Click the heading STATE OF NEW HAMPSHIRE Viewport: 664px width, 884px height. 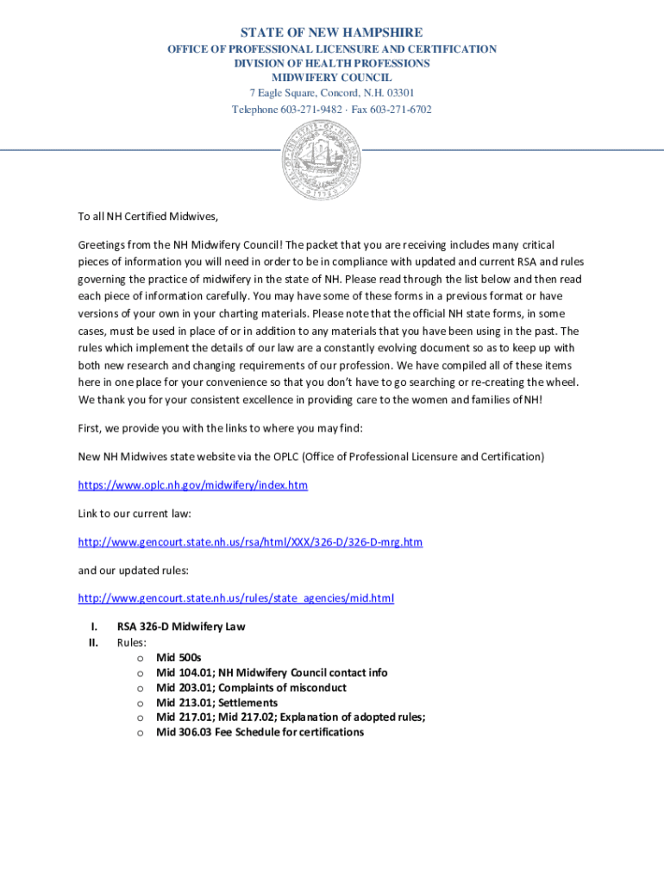(x=331, y=33)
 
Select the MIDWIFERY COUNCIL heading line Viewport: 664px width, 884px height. (x=331, y=79)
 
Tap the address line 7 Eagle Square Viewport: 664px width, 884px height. (x=331, y=94)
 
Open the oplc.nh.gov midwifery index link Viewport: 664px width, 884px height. (x=192, y=485)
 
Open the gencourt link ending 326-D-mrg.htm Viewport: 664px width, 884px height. (x=250, y=542)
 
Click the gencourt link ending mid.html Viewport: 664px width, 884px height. (x=235, y=598)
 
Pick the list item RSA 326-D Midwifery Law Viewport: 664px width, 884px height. (x=181, y=627)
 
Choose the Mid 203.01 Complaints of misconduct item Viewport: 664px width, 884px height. (x=251, y=688)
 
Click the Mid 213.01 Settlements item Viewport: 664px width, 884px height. (x=216, y=703)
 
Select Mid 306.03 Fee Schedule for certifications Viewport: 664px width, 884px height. (x=260, y=732)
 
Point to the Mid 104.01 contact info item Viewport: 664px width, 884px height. (x=272, y=672)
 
